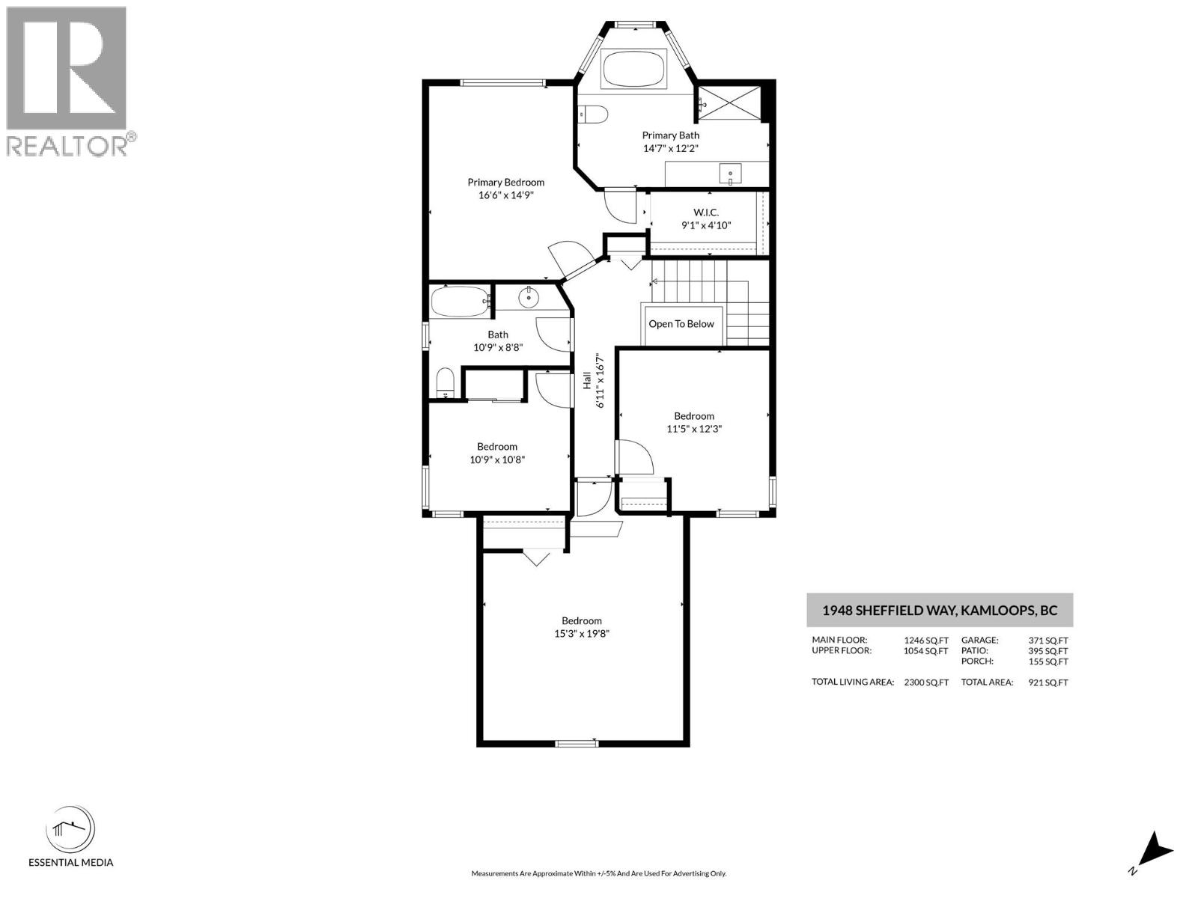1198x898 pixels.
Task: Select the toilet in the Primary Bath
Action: [x=595, y=114]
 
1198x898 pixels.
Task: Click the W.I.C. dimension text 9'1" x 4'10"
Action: [x=705, y=225]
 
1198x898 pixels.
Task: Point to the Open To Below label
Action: [x=681, y=324]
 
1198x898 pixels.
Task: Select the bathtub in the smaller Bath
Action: [x=460, y=302]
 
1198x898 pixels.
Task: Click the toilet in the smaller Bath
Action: [x=445, y=383]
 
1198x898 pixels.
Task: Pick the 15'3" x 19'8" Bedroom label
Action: [x=582, y=627]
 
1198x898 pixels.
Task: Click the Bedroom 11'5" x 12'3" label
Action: [x=693, y=422]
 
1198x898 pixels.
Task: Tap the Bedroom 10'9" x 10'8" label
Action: [x=497, y=453]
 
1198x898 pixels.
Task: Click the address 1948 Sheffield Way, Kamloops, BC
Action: [x=939, y=610]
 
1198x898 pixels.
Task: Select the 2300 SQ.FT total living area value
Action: [x=926, y=682]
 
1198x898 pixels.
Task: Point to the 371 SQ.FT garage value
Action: [x=1048, y=641]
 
